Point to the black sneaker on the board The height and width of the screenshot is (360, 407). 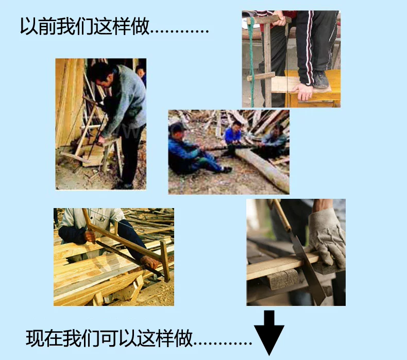pyautogui.click(x=321, y=79)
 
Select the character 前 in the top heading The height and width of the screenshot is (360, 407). pyautogui.click(x=47, y=26)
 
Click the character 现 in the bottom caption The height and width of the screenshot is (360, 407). pyautogui.click(x=35, y=338)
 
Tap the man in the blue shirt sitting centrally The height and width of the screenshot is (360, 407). pyautogui.click(x=233, y=138)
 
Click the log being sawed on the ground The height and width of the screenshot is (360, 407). pyautogui.click(x=263, y=166)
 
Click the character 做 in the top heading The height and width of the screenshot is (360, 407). pyautogui.click(x=141, y=26)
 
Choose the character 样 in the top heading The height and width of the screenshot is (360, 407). pyautogui.click(x=122, y=26)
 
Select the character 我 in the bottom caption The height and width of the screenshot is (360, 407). pyautogui.click(x=72, y=338)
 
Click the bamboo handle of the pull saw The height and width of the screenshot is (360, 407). pyautogui.click(x=281, y=215)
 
